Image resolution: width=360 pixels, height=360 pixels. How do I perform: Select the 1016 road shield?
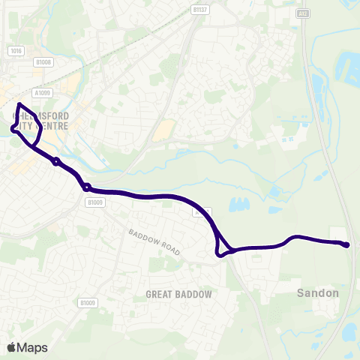pos(16,50)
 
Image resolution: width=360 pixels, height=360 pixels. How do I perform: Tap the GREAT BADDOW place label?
pos(178,294)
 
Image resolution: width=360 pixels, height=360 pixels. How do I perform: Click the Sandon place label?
pos(317,292)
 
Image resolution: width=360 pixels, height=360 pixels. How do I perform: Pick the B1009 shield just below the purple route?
pos(94,202)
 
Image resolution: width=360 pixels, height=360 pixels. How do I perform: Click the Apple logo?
pos(10,347)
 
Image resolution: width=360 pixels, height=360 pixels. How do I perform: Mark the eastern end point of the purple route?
pos(346,244)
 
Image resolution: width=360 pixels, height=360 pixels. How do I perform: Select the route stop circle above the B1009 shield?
pos(87,187)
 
